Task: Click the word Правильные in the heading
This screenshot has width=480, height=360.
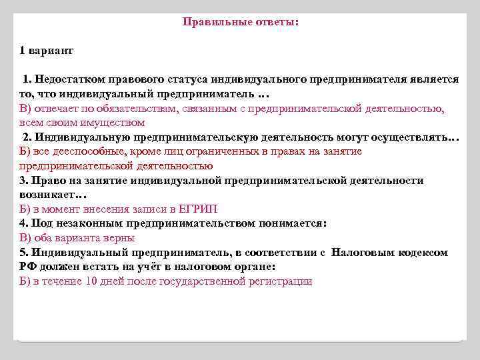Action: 216,22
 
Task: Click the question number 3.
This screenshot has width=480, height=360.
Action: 23,181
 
